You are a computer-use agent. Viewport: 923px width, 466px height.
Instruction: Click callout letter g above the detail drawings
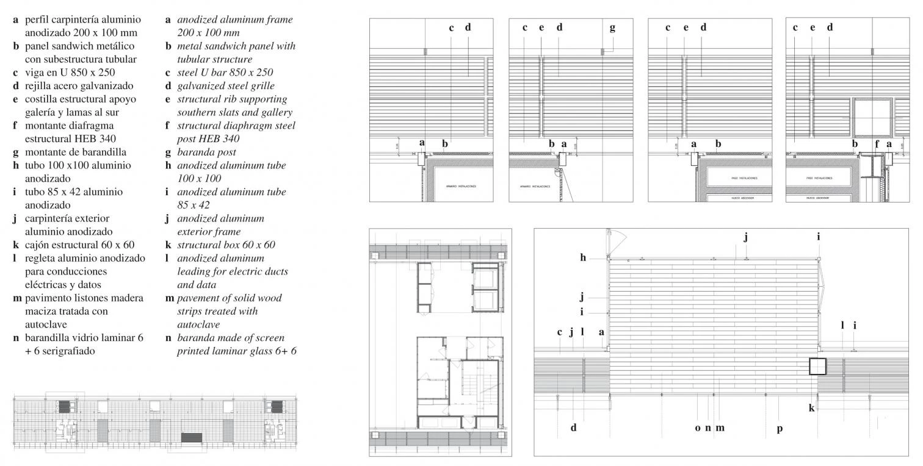[612, 27]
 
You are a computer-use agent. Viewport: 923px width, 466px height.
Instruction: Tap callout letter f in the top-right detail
[877, 145]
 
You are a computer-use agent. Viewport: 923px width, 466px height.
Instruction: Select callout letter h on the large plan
[583, 258]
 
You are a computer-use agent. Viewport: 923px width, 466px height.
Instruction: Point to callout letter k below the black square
[812, 408]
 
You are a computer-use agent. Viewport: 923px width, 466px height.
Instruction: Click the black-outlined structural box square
[817, 366]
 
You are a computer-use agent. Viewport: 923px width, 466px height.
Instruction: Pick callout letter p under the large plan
[780, 428]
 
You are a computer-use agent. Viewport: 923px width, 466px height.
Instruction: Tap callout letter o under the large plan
[698, 428]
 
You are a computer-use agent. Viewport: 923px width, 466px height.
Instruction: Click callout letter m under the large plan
[720, 428]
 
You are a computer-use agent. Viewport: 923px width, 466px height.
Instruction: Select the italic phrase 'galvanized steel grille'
[226, 86]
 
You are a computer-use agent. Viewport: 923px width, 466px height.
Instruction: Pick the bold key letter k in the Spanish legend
[15, 245]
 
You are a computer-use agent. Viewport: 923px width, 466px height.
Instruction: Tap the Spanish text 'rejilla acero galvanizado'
[79, 86]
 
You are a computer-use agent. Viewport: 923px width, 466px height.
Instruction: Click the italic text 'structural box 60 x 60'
[226, 245]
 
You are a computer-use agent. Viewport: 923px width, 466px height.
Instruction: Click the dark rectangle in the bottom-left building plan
[192, 437]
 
